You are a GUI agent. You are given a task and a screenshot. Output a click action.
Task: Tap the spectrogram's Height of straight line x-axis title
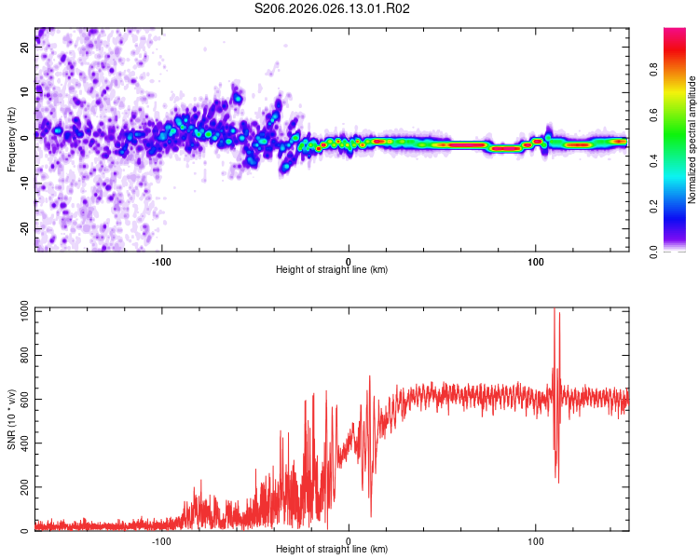click(x=332, y=269)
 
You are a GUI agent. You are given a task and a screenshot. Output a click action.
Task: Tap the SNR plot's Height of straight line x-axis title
click(x=332, y=549)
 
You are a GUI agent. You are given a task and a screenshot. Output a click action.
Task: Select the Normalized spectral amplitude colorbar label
click(x=692, y=140)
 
